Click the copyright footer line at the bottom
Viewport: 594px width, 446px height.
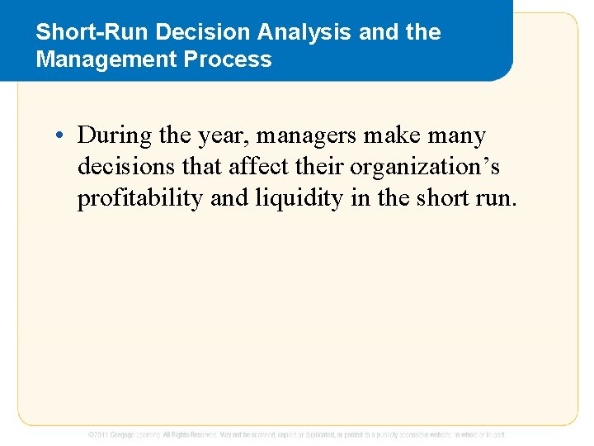(297, 434)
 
